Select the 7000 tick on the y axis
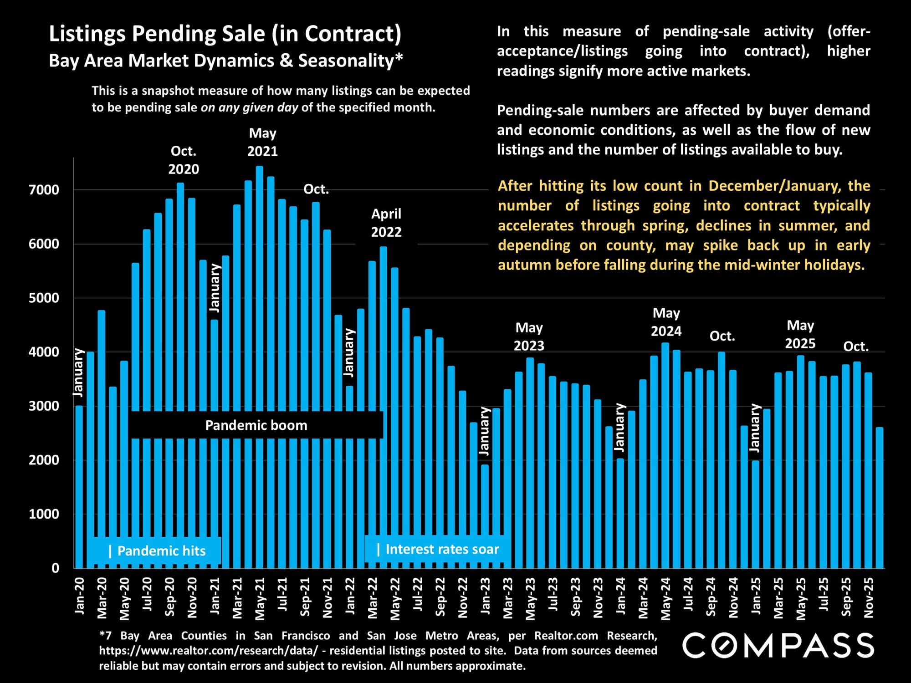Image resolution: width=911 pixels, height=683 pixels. (44, 190)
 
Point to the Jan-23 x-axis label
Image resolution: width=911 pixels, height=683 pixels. (486, 596)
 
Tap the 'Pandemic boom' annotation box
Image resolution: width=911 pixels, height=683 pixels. (256, 425)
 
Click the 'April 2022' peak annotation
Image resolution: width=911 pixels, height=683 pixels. (386, 223)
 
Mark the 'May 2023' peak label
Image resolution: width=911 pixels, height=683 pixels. (529, 337)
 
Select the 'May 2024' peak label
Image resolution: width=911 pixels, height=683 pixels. (666, 322)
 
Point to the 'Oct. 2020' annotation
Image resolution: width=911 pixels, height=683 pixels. (184, 160)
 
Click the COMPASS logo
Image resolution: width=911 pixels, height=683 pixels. (778, 646)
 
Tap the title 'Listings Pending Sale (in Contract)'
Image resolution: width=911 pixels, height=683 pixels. (225, 34)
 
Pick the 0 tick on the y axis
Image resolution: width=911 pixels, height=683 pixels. (55, 568)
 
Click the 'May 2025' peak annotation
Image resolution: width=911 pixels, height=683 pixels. (800, 335)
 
